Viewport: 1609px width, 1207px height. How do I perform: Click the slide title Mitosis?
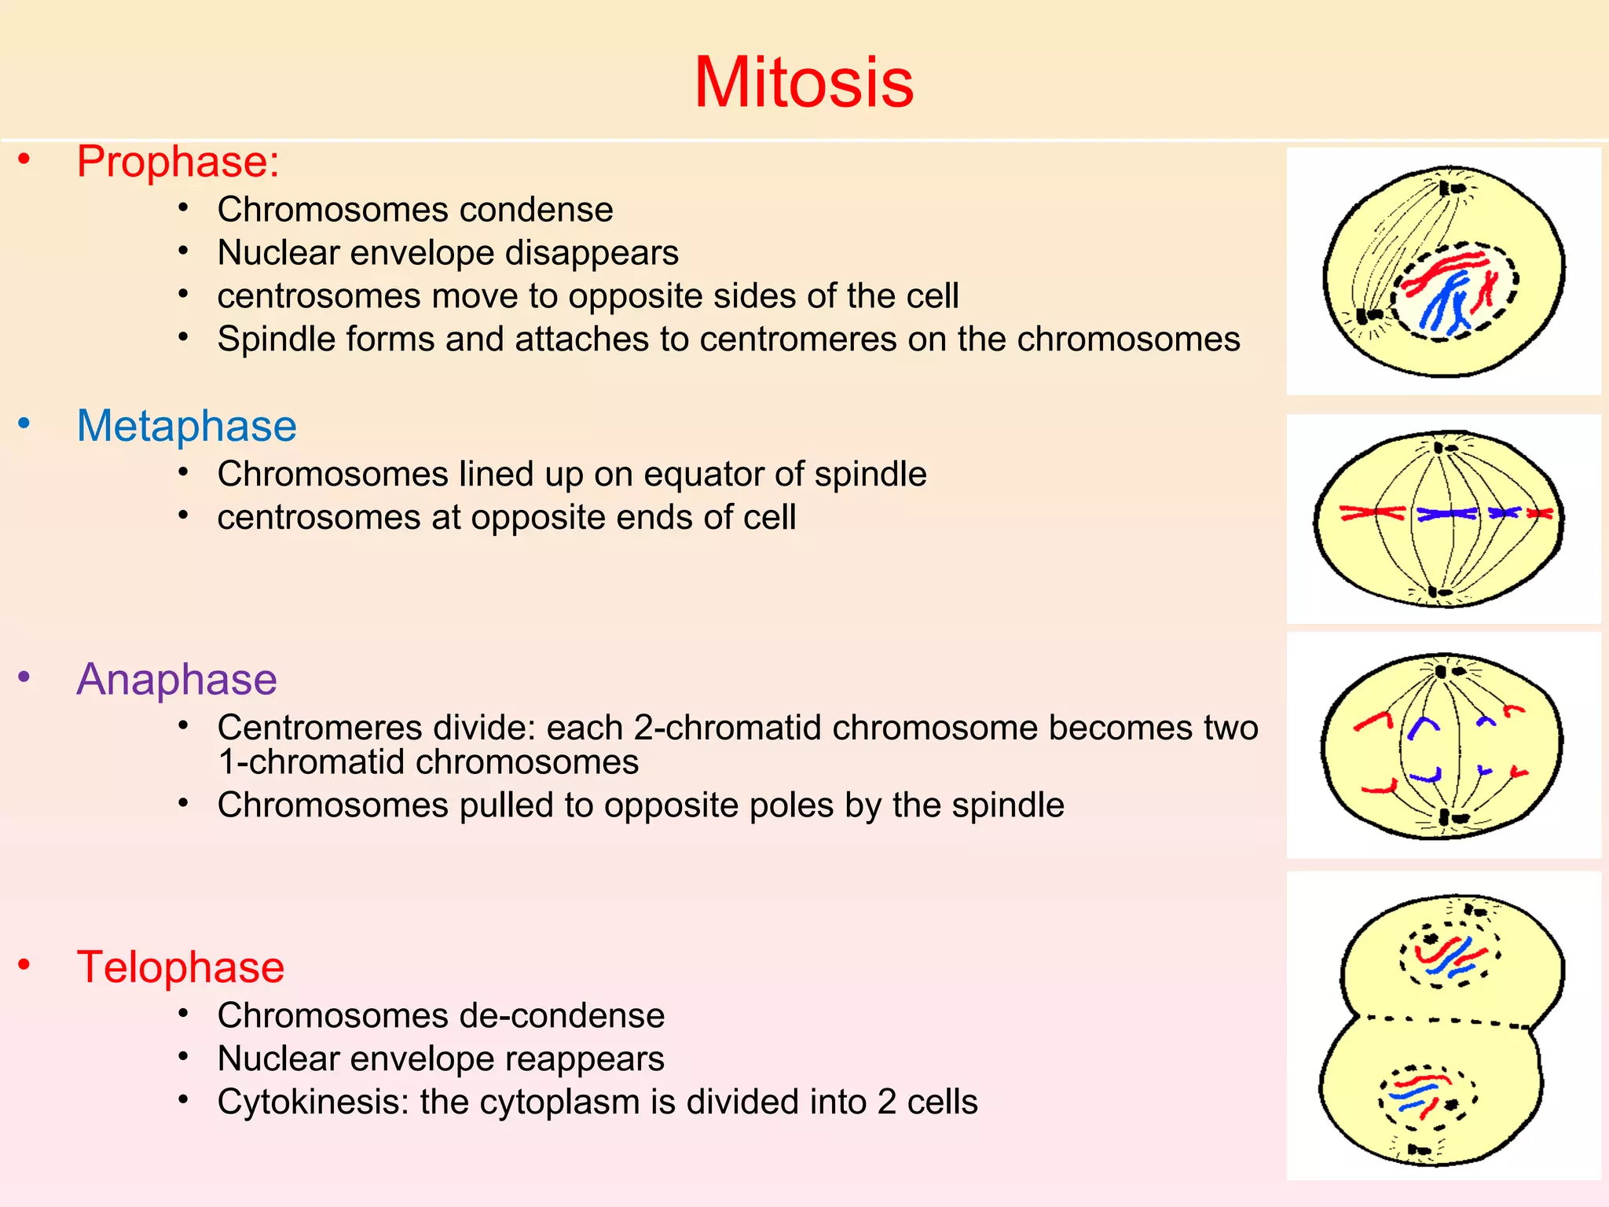click(804, 83)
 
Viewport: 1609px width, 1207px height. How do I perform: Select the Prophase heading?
click(178, 162)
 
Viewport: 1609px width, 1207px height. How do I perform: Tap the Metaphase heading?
click(186, 426)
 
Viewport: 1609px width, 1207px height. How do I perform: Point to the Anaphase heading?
click(177, 679)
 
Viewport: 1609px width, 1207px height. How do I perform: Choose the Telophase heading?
click(180, 967)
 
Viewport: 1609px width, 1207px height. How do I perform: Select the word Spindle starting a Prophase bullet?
click(271, 339)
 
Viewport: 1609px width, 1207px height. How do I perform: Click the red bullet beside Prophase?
click(24, 160)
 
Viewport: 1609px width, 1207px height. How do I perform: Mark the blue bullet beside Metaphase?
click(24, 424)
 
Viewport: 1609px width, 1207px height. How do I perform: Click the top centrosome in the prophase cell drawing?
click(1450, 188)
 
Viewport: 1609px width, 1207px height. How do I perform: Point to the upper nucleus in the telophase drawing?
click(1450, 954)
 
